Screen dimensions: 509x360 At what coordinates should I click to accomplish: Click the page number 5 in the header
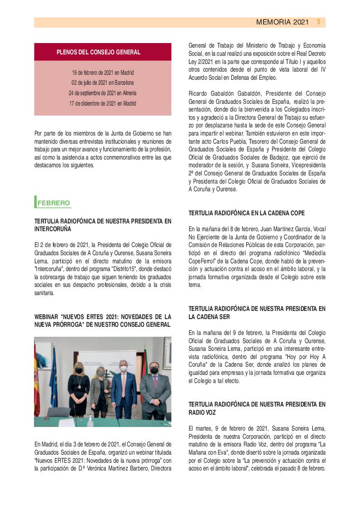coord(319,22)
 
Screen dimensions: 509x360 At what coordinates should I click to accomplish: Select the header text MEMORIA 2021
coord(282,22)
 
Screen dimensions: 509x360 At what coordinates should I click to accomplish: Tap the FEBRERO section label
coord(54,203)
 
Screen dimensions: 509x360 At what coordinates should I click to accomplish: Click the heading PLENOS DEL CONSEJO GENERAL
coord(98,52)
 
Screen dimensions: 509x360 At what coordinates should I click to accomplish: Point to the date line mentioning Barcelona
coord(102,82)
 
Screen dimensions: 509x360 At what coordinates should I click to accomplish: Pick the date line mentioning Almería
coord(102,93)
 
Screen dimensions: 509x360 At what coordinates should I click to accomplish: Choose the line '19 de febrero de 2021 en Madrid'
coord(102,73)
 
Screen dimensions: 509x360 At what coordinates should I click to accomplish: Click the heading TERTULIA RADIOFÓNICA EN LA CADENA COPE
coord(247,213)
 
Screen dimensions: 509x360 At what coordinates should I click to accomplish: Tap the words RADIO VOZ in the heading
coord(202,413)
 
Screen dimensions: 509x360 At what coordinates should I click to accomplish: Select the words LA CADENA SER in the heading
coord(212,317)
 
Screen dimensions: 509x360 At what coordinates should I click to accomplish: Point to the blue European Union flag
coord(53,381)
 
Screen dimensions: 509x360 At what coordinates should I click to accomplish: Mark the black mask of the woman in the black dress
coord(79,370)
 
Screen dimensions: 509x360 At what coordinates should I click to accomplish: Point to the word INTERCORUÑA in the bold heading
coord(56,229)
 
